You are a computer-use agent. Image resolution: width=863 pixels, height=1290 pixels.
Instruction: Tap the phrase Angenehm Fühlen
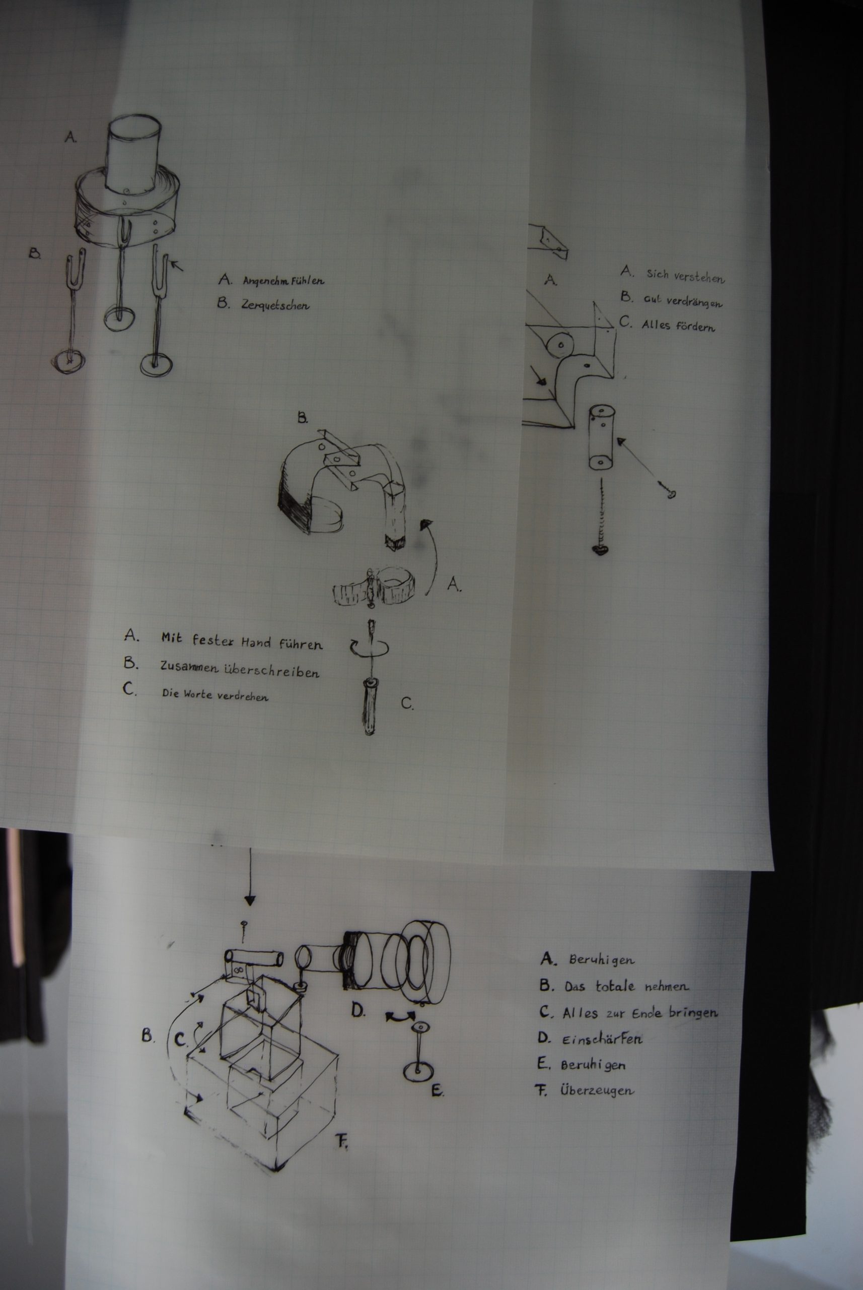(x=283, y=280)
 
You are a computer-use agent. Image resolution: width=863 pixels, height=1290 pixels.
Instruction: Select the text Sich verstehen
(x=685, y=276)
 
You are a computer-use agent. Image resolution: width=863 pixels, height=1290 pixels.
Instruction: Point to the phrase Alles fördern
(x=679, y=325)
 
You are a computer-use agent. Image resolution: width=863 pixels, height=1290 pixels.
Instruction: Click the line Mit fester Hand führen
(x=242, y=641)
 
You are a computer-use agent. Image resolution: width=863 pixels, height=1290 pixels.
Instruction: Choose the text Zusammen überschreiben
(x=240, y=669)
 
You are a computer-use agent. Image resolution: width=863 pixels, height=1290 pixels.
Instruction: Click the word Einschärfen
(x=602, y=1040)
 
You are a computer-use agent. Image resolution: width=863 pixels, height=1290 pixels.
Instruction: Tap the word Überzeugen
(x=597, y=1090)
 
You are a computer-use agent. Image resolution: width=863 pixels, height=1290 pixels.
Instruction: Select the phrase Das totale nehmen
(x=626, y=987)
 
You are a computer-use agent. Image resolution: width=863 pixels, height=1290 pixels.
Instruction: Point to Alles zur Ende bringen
(x=640, y=1012)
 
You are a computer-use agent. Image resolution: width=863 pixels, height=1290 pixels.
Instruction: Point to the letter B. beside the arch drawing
(x=303, y=418)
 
